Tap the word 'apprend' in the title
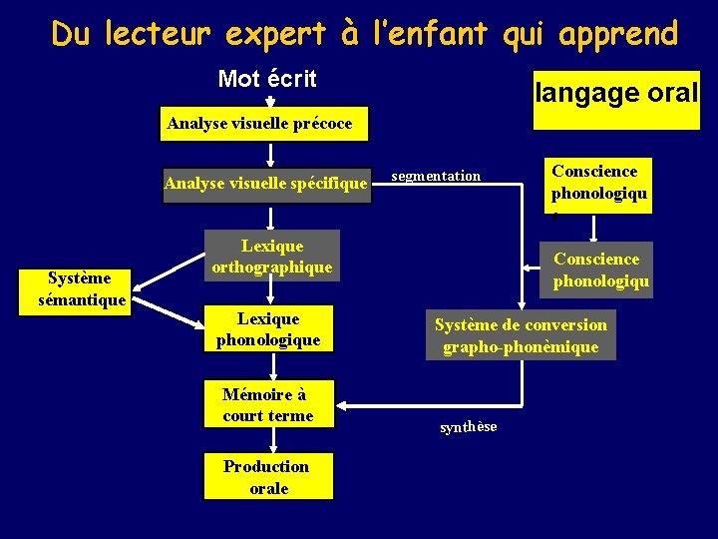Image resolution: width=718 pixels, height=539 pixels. point(618,34)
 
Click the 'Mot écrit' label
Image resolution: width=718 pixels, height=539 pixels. point(266,79)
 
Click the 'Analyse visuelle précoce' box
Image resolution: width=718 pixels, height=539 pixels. point(259,124)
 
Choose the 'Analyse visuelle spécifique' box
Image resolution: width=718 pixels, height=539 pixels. point(265,184)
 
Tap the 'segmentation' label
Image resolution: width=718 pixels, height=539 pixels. point(436,177)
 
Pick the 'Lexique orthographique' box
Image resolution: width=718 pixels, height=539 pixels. point(271,257)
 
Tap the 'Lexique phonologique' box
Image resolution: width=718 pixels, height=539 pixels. point(268,329)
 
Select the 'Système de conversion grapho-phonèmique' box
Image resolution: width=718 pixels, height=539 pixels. point(520,335)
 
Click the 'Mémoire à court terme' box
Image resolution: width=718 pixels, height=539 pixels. point(268,405)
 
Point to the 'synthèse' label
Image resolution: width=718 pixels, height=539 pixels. point(468,427)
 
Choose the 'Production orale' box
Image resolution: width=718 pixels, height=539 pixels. point(266,477)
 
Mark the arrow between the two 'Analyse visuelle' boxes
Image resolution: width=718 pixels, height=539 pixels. point(270,153)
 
